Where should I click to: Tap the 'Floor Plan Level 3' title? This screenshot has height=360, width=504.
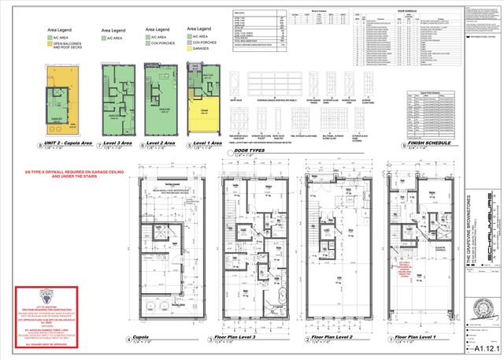tap(251, 340)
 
